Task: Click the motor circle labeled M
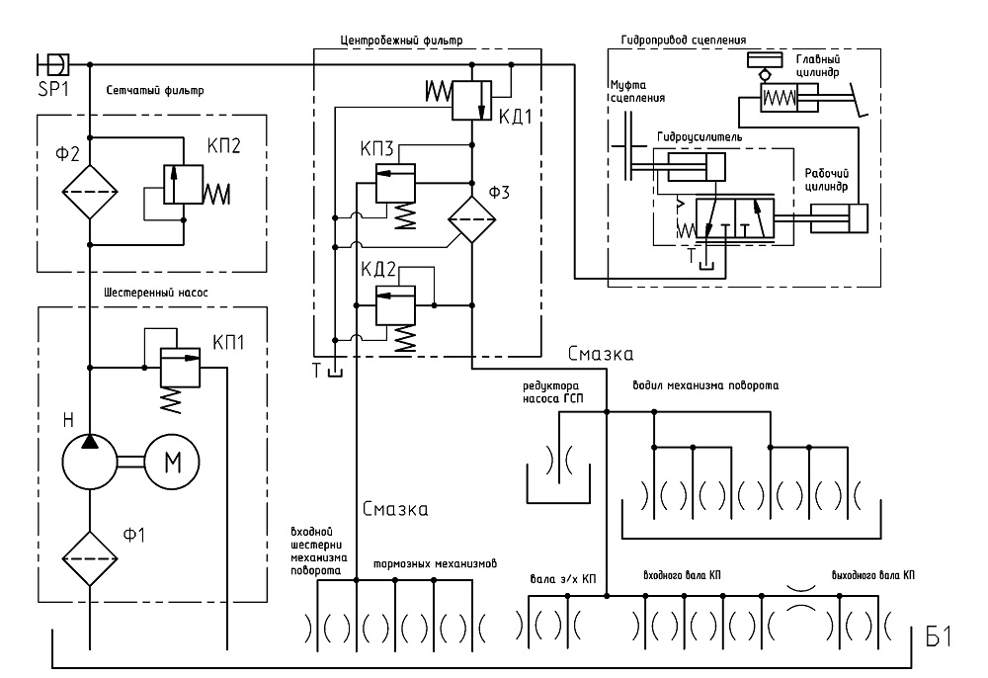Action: pos(172,462)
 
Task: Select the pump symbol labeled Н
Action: pos(90,462)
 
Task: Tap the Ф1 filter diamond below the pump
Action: pos(90,558)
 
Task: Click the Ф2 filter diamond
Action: pos(90,192)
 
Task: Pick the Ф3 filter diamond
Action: pos(472,219)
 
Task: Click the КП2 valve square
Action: pos(184,184)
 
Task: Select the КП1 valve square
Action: pos(180,368)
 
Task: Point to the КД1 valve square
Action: pos(472,100)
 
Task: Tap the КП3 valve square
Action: pos(396,184)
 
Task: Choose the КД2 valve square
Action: pos(396,305)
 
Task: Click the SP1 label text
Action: pos(53,89)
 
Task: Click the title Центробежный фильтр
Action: pos(401,40)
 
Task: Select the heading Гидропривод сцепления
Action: pos(684,40)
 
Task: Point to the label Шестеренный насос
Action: pos(156,293)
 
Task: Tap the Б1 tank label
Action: pos(939,637)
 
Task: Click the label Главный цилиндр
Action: pos(818,65)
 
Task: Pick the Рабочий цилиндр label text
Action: pos(827,180)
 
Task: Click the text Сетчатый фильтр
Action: pos(155,90)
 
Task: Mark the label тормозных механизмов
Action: pos(435,563)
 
